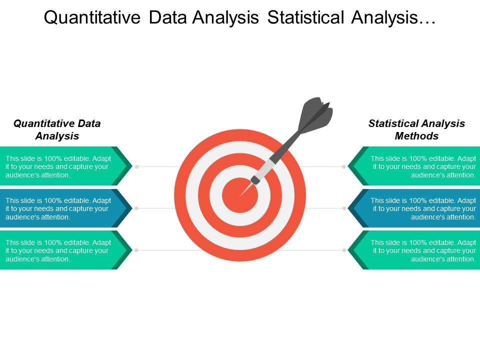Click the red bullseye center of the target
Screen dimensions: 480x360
[240, 195]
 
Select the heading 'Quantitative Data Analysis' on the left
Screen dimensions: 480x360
[57, 129]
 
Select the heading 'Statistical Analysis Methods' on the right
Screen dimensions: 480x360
[416, 129]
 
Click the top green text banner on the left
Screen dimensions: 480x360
[66, 166]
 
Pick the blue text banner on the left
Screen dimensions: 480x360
[66, 208]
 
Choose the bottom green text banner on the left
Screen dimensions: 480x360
[66, 250]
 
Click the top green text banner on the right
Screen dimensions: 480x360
[414, 166]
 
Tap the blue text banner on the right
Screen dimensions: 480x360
[414, 208]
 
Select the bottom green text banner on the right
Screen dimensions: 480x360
[414, 250]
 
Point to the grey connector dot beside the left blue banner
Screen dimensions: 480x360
[136, 208]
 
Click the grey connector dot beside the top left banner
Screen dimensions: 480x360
[137, 167]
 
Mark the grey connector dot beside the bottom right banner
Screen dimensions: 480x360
[344, 250]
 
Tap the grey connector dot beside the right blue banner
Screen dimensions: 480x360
[344, 208]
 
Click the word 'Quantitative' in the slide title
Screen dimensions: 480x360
[92, 17]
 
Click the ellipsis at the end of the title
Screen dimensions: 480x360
[427, 22]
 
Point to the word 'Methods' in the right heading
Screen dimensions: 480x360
[416, 135]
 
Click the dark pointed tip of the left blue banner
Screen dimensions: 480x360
[131, 208]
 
